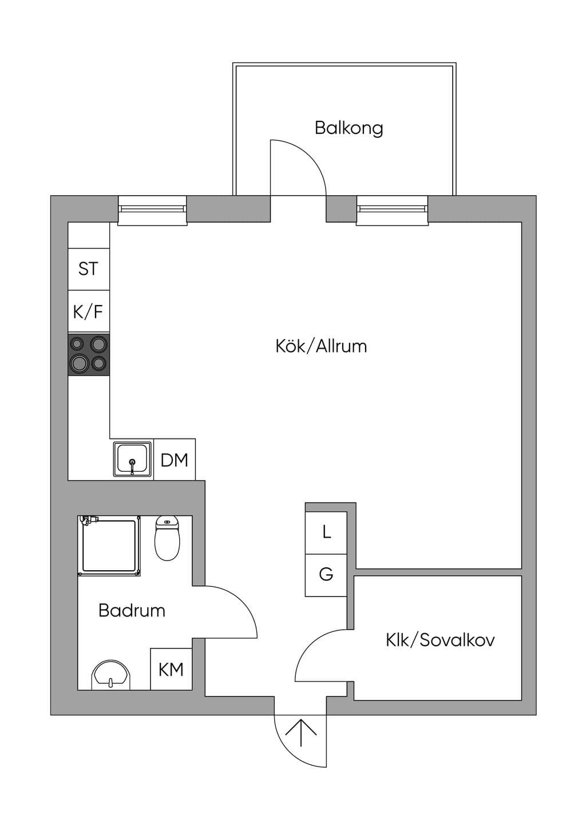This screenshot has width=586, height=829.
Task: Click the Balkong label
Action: (349, 128)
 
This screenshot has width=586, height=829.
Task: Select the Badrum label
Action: (132, 610)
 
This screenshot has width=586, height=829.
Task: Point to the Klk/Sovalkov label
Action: (440, 640)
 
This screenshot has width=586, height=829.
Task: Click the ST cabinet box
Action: (89, 269)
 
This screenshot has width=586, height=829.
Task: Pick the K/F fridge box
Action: (89, 311)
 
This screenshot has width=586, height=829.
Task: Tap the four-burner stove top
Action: (89, 355)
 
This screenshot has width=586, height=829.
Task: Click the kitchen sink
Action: (133, 459)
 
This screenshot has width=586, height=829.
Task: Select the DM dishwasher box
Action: (174, 460)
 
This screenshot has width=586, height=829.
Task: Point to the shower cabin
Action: (109, 546)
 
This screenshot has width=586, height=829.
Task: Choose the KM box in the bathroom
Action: (171, 669)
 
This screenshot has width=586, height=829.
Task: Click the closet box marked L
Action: (326, 533)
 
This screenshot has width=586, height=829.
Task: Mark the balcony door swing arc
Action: (310, 156)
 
